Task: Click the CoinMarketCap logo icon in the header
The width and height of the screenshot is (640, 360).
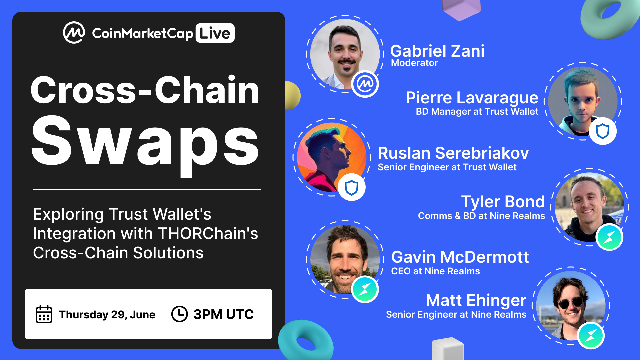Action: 74,33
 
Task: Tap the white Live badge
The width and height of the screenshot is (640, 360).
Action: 215,33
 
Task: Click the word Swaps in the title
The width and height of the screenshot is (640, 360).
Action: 145,141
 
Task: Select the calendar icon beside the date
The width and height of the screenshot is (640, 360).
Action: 44,314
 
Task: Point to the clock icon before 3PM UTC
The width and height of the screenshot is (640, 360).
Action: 179,314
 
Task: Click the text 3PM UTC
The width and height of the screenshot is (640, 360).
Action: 223,314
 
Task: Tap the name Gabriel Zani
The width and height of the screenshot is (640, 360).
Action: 437,51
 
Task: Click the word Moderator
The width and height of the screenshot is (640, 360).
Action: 414,63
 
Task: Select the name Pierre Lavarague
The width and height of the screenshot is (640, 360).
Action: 472,98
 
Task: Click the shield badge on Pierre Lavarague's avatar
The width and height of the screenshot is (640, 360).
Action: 602,131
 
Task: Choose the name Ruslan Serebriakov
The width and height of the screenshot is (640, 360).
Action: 453,153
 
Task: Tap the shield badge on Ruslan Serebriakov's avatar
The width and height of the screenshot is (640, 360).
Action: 351,187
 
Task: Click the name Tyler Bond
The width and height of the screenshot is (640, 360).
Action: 503,202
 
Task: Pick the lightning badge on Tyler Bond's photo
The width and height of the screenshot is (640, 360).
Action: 609,237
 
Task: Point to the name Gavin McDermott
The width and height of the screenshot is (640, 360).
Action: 460,257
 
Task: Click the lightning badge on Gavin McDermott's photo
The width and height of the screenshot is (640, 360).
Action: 365,289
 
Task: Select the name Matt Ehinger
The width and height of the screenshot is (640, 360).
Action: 476,300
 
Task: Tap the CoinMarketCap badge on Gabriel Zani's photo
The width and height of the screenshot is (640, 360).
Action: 365,84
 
